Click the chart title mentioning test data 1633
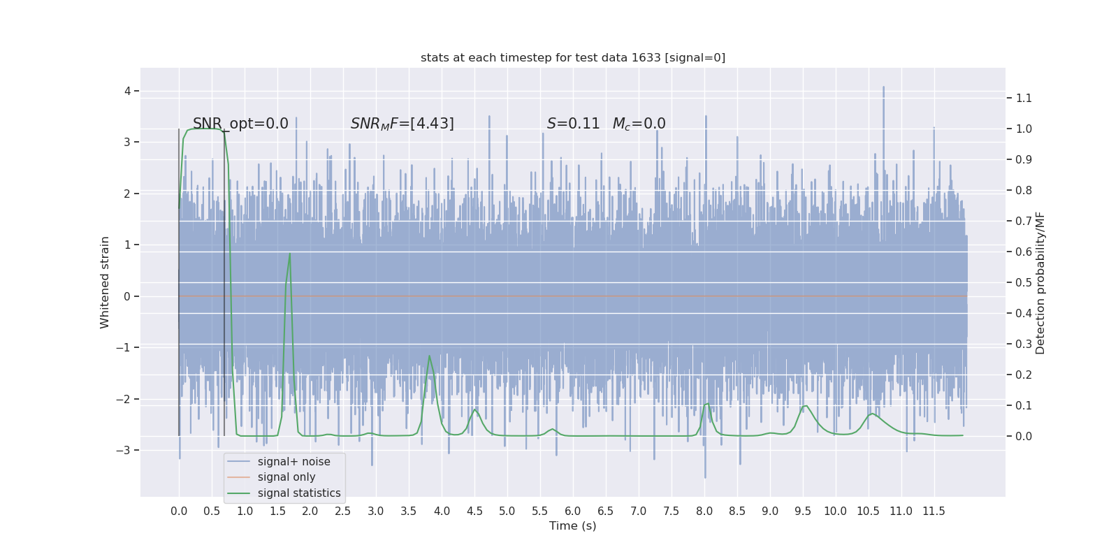573,58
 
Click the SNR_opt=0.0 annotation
240,124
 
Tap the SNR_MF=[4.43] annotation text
402,124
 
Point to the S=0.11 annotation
573,124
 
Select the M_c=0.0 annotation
639,124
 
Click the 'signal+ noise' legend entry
293,462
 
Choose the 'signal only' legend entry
286,477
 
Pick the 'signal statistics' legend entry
299,493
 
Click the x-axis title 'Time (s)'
573,526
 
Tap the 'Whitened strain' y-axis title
105,282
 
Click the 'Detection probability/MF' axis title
1040,282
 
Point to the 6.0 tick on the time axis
573,511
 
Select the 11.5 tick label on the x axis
934,511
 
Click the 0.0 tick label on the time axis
179,511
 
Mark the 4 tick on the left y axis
127,91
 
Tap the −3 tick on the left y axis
124,450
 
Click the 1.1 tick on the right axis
1024,98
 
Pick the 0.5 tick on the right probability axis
1024,282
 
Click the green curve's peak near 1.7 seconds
290,254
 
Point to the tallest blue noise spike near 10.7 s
883,87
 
